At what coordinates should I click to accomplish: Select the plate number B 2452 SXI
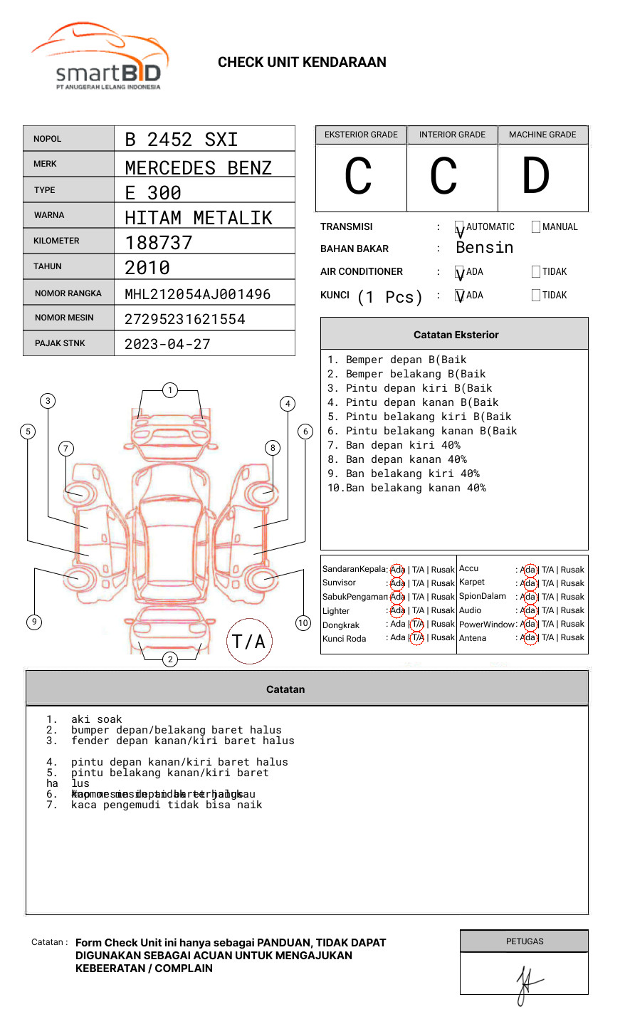coord(181,140)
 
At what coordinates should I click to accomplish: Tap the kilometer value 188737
coord(159,243)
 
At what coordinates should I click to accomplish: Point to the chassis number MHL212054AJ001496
coord(197,294)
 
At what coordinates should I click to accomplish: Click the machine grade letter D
coord(536,176)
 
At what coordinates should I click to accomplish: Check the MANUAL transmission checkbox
coord(536,227)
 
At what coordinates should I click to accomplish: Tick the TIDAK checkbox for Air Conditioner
coord(536,272)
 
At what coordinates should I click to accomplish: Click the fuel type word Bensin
coord(484,248)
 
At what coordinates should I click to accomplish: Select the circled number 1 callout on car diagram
coord(169,390)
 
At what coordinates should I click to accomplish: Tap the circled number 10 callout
coord(303,623)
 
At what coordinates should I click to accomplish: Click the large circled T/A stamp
coord(249,642)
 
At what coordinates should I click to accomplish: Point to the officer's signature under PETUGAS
coord(527,983)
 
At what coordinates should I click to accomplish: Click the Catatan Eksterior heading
coord(456,335)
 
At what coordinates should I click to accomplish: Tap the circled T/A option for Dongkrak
coord(417,625)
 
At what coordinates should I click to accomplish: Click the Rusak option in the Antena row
coord(572,638)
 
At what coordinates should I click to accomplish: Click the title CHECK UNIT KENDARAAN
coord(302,63)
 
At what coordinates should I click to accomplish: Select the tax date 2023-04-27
coord(167,345)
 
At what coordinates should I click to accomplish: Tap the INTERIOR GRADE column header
coord(452,135)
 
